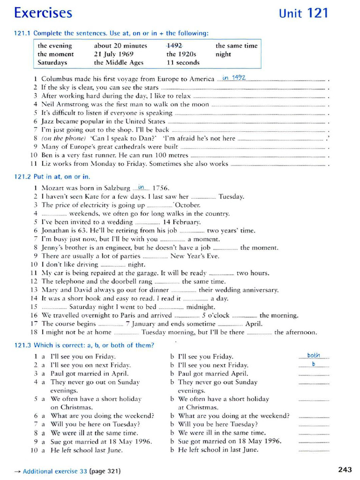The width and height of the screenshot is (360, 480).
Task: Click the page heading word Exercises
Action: [x=43, y=13]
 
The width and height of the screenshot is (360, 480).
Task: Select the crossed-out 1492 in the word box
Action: [x=175, y=45]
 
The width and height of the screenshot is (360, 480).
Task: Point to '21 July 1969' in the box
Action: [x=113, y=54]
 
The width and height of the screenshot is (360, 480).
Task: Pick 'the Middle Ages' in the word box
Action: [x=119, y=62]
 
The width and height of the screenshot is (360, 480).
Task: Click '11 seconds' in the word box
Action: [x=183, y=62]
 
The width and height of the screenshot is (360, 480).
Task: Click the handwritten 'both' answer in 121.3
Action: [x=314, y=355]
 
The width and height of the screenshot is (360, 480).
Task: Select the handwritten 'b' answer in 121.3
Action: [x=314, y=364]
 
